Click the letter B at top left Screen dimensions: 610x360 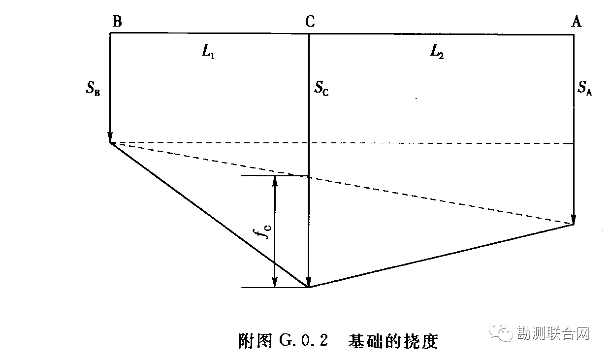pyautogui.click(x=117, y=21)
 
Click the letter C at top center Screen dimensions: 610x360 pyautogui.click(x=310, y=21)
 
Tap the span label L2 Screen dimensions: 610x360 pyautogui.click(x=437, y=52)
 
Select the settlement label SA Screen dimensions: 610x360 pyautogui.click(x=585, y=89)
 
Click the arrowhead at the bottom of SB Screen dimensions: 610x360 pyautogui.click(x=110, y=137)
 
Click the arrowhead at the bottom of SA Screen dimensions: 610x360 pyautogui.click(x=574, y=220)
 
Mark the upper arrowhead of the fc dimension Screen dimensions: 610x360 pyautogui.click(x=275, y=180)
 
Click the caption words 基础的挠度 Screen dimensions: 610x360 pyautogui.click(x=392, y=341)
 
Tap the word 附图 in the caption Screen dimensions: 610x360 pyautogui.click(x=255, y=341)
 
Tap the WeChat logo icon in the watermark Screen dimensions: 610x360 pyautogui.click(x=504, y=333)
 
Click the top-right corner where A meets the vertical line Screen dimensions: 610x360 pyautogui.click(x=574, y=34)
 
